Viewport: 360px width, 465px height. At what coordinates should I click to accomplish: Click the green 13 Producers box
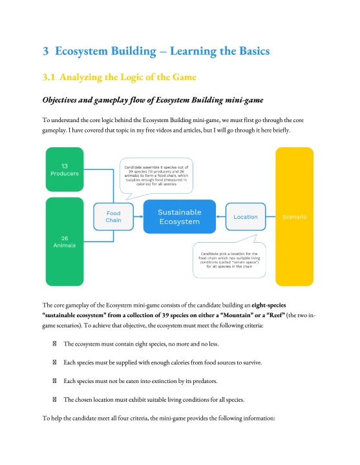[65, 169]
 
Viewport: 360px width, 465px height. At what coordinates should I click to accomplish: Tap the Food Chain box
[113, 216]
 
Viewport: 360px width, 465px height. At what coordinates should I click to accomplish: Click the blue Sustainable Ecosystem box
[179, 216]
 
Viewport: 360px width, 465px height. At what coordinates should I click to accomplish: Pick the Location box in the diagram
[246, 216]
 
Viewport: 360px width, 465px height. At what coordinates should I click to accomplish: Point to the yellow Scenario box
[294, 216]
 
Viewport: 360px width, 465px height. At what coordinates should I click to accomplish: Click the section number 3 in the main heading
[46, 51]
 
